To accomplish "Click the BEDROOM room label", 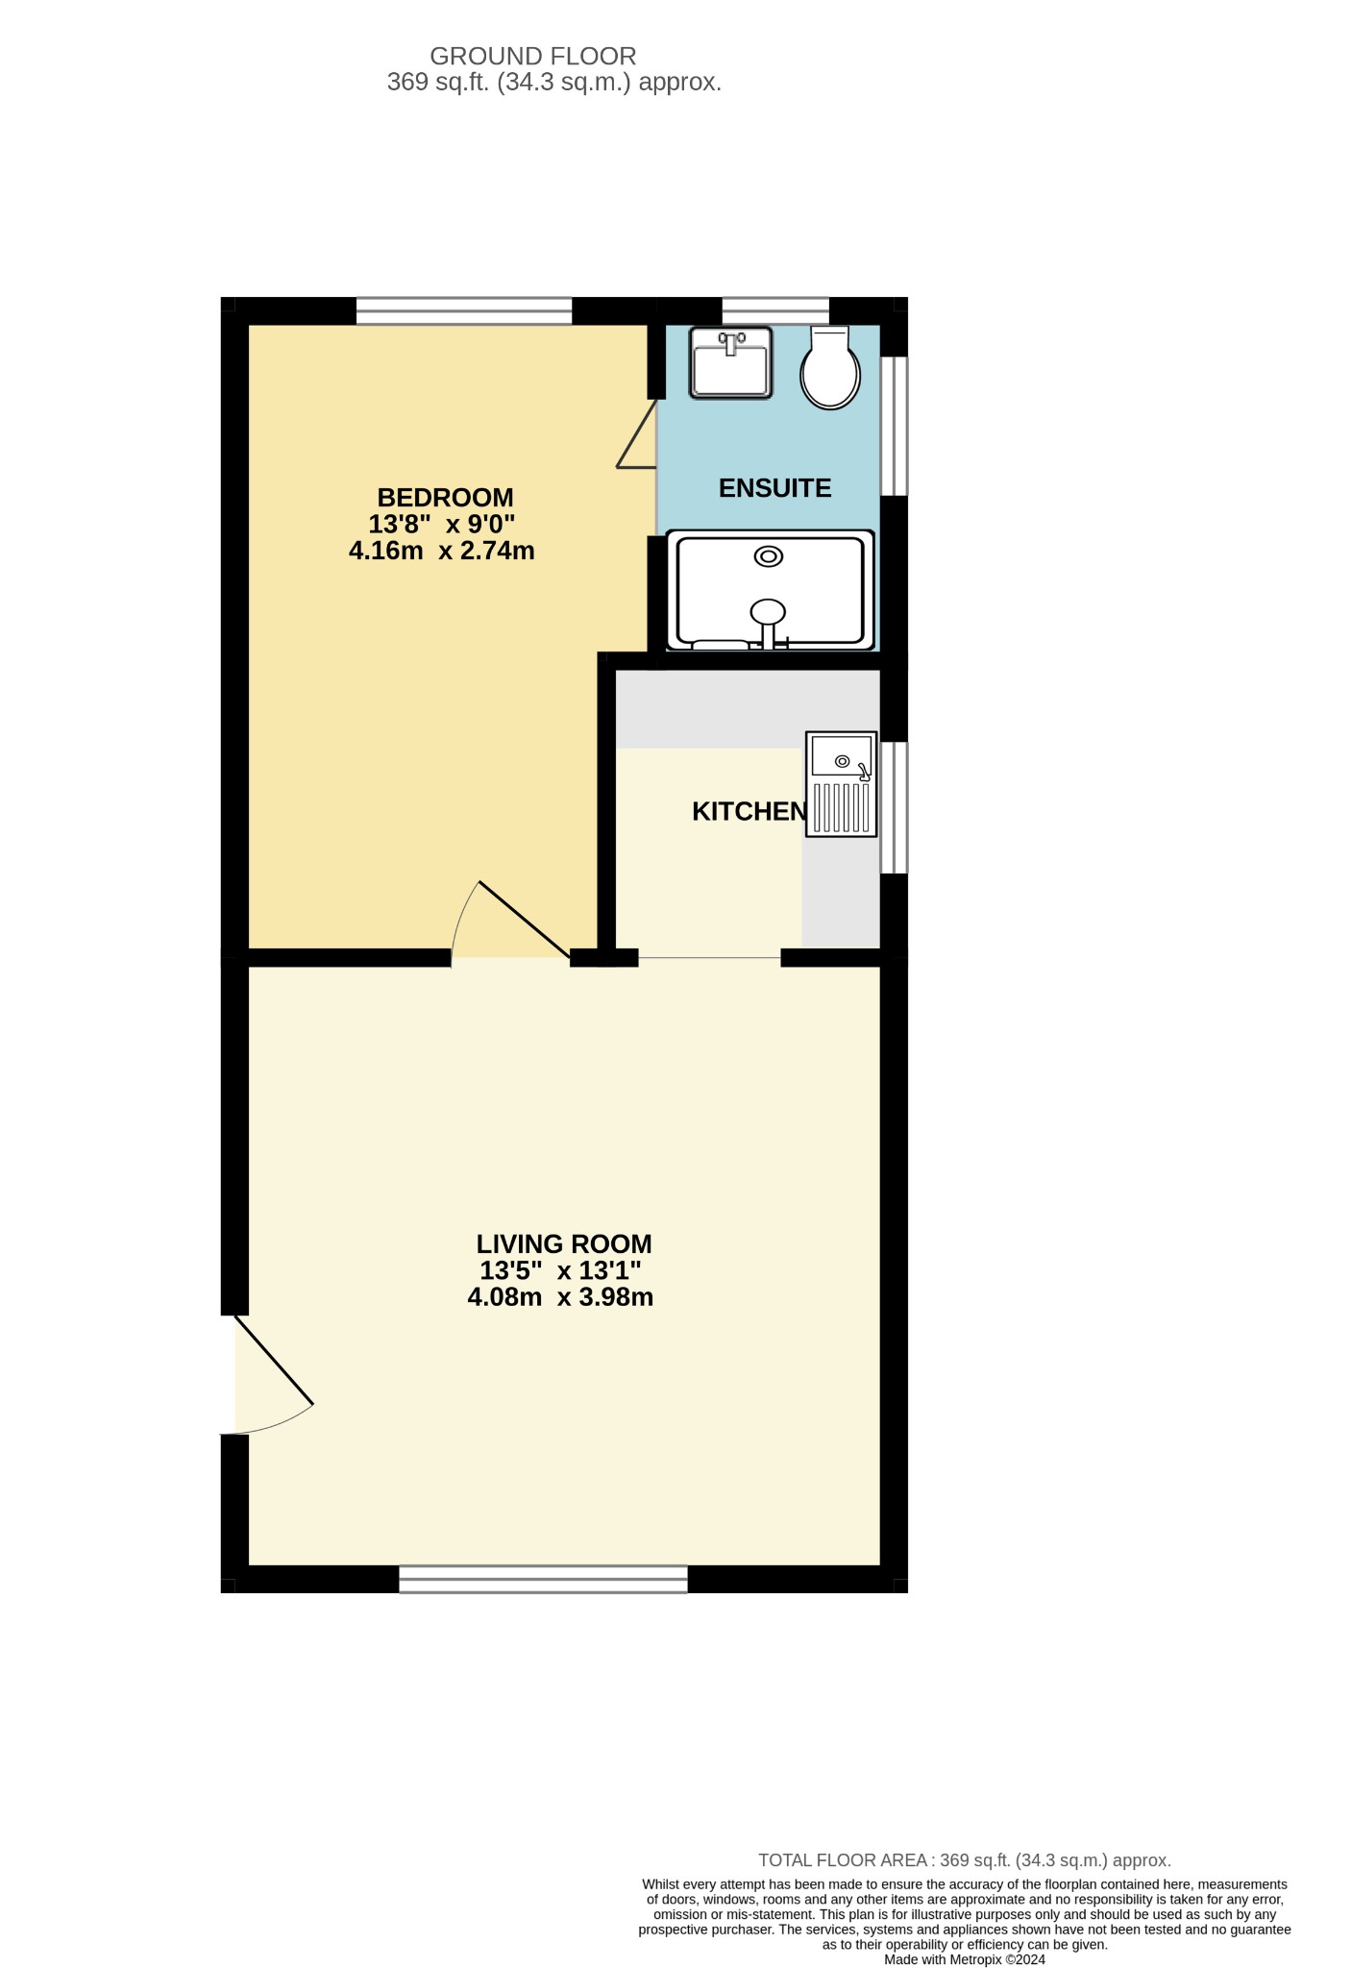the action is (445, 498).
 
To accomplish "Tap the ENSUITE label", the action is (774, 488).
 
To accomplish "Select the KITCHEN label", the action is (749, 812).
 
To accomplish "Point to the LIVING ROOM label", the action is (564, 1244).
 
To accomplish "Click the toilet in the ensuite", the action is (830, 368).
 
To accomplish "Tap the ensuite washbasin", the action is (730, 362).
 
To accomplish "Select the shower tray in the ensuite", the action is (770, 589).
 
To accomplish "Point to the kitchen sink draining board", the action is (842, 807).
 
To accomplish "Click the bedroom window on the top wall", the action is (464, 311).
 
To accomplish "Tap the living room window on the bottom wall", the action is (543, 1579).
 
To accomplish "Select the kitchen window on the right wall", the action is (894, 807).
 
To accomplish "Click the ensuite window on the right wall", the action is (894, 426).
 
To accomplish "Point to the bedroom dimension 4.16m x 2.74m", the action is (441, 552).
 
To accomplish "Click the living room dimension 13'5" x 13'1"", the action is (560, 1271).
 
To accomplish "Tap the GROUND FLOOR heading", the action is (533, 57).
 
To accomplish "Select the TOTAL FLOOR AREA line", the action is (965, 1860).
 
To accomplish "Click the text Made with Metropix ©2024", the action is (965, 1959).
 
